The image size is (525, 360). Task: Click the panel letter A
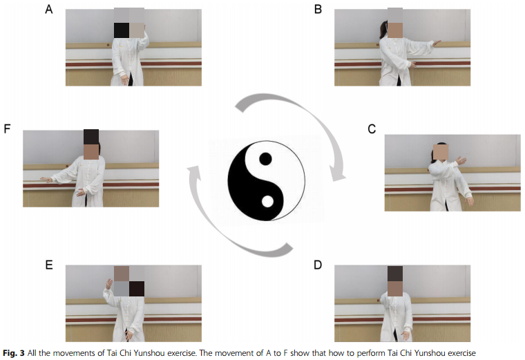tap(49, 9)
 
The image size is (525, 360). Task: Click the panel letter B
tap(318, 9)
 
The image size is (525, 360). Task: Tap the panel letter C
tap(372, 129)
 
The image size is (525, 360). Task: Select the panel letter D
tap(318, 265)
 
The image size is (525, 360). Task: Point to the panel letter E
tap(49, 265)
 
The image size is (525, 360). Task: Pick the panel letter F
tap(7, 129)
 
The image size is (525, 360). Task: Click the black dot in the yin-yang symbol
tap(265, 159)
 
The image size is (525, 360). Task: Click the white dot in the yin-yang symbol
tap(267, 202)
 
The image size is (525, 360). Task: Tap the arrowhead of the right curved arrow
tap(336, 173)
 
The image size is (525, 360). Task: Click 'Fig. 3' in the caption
tap(14, 353)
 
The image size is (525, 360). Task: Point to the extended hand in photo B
tap(437, 43)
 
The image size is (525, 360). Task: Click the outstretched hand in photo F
tap(44, 180)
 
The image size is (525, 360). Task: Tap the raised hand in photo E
tap(109, 284)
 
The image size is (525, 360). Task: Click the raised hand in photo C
tap(461, 160)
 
